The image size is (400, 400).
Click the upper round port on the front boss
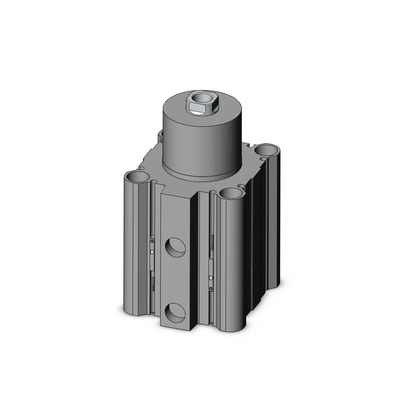(175, 247)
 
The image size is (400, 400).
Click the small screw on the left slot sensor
(152, 241)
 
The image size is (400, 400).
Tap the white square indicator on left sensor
(153, 252)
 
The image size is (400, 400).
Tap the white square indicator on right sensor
(211, 277)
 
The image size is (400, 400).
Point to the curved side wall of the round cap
(200, 144)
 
